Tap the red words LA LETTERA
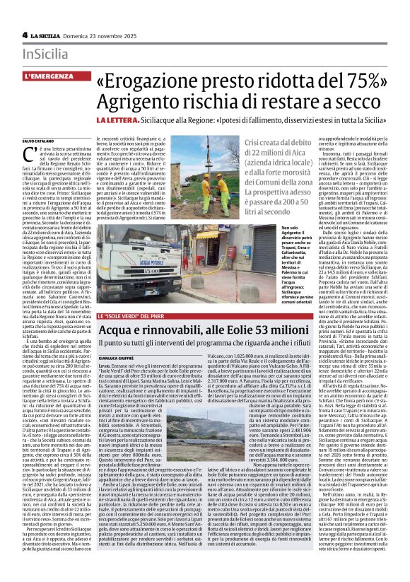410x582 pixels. (123, 122)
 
